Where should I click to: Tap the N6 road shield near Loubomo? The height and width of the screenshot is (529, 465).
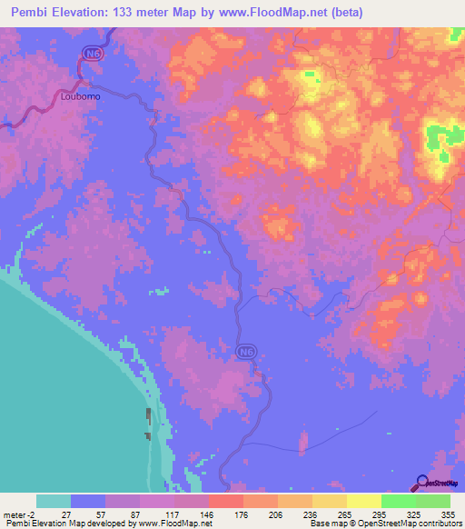point(91,55)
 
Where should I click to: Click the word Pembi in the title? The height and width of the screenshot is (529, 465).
point(33,14)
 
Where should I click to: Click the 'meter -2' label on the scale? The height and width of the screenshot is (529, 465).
point(18,514)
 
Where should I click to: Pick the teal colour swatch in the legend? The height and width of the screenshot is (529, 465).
point(54,501)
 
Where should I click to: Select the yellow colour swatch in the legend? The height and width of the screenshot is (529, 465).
point(364,501)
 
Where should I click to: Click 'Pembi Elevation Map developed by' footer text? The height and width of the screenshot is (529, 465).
point(64,524)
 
